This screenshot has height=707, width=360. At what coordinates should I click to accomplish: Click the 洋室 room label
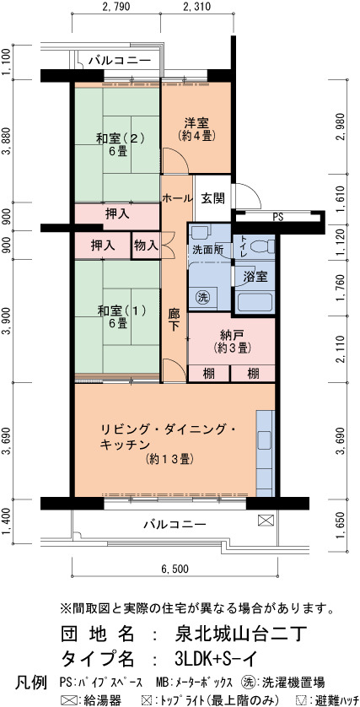coord(196,122)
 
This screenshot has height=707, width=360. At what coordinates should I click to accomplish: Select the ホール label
coord(177,198)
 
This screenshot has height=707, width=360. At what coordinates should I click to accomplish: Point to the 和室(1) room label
coord(119,310)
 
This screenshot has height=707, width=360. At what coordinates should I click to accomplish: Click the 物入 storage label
coord(146,246)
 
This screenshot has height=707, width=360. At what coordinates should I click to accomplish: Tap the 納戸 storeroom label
coord(232,335)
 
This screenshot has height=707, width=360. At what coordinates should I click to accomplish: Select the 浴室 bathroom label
coord(255,277)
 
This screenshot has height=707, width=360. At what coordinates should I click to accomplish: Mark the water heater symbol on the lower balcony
coord(264,521)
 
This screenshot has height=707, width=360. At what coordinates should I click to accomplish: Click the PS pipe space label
coord(278,218)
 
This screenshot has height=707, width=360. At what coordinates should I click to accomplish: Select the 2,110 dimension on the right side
coord(344,348)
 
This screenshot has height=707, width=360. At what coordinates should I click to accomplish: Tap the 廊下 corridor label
coord(174,320)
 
